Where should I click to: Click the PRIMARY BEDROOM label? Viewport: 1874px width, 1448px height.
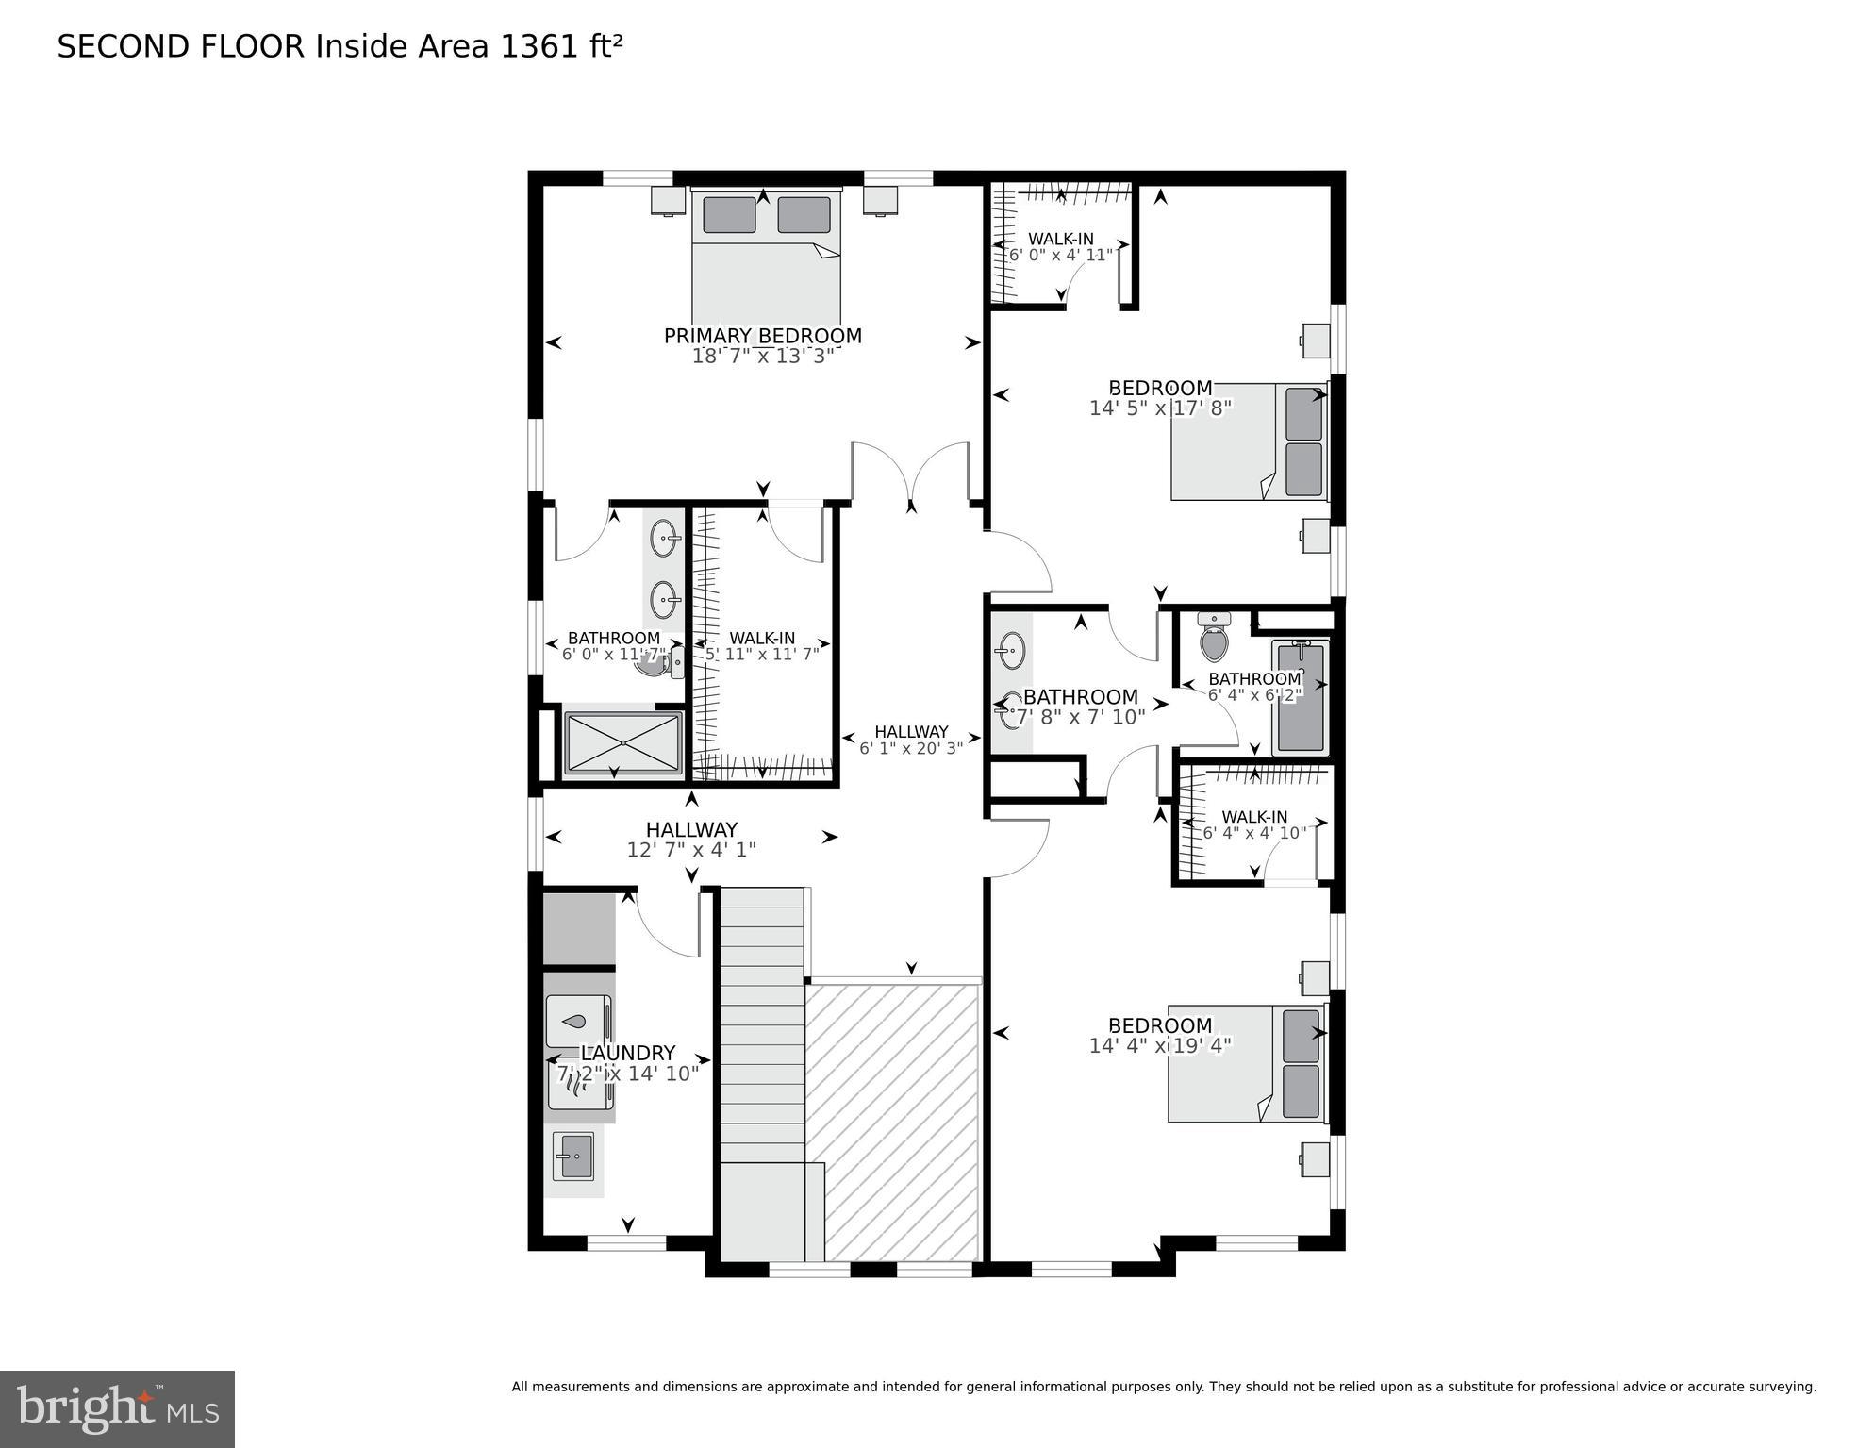coord(762,336)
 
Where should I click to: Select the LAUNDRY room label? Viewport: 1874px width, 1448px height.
coord(627,1053)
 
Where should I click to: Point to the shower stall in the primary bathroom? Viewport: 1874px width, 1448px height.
coord(622,742)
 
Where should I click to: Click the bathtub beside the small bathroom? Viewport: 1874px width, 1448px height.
coord(1300,699)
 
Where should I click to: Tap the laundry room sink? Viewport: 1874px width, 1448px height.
coord(572,1157)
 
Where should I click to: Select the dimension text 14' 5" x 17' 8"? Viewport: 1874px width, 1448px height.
coord(1160,408)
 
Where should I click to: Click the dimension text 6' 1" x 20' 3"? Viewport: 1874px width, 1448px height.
coord(910,749)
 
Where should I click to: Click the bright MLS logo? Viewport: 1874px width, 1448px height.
coord(117,1408)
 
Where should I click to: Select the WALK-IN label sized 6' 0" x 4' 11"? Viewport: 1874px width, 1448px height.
coord(1060,239)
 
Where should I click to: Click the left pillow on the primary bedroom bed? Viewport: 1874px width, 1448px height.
coord(729,215)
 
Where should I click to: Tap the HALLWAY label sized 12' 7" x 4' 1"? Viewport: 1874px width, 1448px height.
coord(691,829)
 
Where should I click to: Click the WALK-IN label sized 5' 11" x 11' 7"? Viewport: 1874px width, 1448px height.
coord(761,638)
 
